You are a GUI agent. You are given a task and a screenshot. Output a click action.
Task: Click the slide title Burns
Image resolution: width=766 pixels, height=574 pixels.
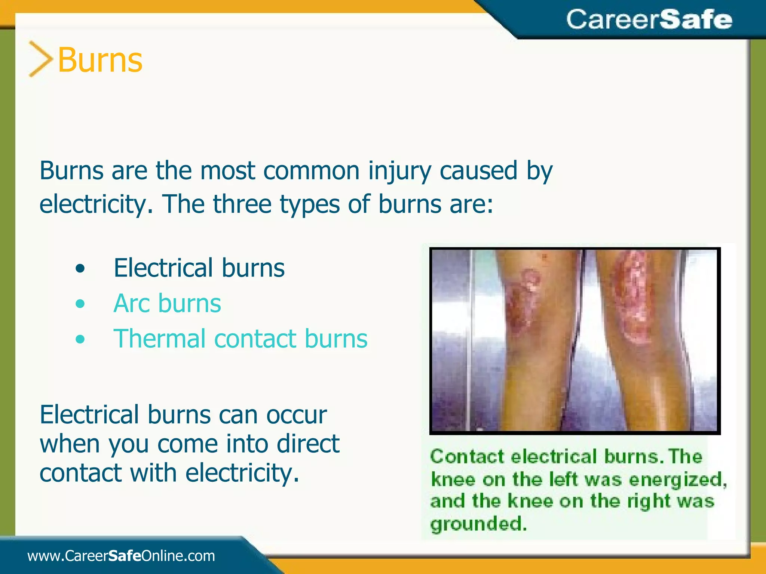pyautogui.click(x=100, y=60)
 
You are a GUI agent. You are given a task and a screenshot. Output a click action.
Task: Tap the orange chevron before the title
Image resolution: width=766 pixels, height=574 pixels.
pyautogui.click(x=40, y=59)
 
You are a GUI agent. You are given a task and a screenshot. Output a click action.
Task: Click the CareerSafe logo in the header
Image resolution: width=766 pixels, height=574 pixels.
pyautogui.click(x=649, y=19)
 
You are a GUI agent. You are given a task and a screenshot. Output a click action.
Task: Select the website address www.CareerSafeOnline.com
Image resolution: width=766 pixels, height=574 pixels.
pyautogui.click(x=121, y=556)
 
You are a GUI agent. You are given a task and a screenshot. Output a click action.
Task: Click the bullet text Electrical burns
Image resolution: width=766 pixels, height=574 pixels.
pyautogui.click(x=199, y=268)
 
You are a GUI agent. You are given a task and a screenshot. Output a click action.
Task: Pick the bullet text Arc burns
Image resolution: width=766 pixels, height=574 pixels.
pyautogui.click(x=167, y=303)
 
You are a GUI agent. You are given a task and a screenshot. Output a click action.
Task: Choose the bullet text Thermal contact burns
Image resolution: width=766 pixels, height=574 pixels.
pyautogui.click(x=240, y=339)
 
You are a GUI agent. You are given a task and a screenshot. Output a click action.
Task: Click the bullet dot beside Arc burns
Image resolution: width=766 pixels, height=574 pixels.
pyautogui.click(x=80, y=304)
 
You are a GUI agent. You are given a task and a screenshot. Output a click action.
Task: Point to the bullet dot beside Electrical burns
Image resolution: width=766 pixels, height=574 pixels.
pyautogui.click(x=80, y=268)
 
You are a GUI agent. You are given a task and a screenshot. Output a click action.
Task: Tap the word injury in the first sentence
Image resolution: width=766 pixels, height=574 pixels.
pyautogui.click(x=400, y=171)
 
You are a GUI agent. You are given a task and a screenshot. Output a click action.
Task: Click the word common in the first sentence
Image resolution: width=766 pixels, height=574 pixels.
pyautogui.click(x=312, y=171)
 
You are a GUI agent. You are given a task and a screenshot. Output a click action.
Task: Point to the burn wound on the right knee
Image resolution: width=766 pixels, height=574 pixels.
pyautogui.click(x=632, y=299)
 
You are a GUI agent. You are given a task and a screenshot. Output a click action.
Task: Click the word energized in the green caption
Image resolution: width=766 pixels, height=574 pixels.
pyautogui.click(x=677, y=479)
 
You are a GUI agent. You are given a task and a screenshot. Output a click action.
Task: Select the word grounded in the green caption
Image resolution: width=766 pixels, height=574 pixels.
pyautogui.click(x=478, y=524)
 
